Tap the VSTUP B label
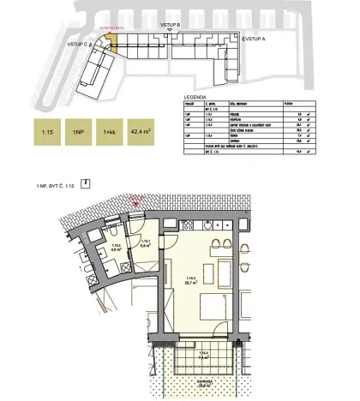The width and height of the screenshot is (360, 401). (171, 27)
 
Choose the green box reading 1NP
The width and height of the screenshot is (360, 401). (78, 131)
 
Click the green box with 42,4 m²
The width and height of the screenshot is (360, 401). (141, 131)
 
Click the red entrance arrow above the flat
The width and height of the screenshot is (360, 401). (133, 203)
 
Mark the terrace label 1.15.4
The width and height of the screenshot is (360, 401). (203, 353)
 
